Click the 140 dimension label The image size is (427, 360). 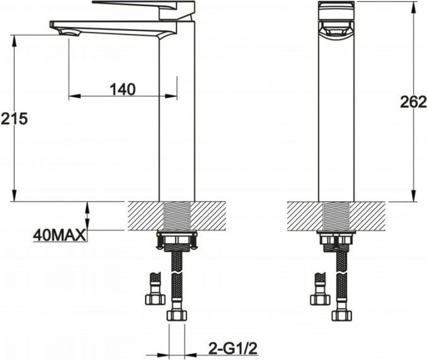coord(123,89)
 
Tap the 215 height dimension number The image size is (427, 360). coord(14,119)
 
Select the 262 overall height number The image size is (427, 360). coord(413,102)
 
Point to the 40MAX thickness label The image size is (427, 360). coord(59,235)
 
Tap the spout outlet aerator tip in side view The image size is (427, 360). coord(69,33)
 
